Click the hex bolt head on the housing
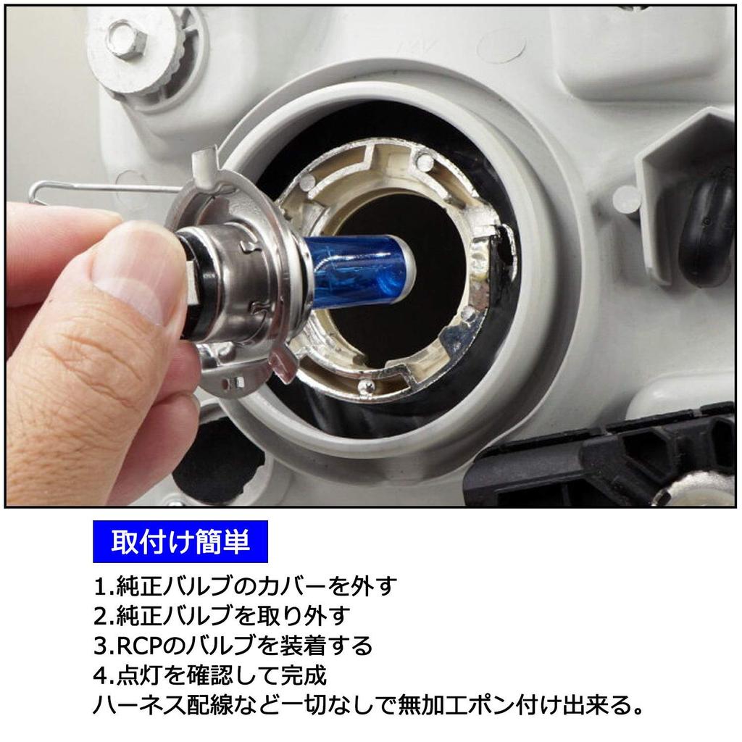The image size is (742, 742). [x=125, y=40]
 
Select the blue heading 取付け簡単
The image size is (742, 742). [x=180, y=541]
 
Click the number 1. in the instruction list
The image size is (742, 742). [x=104, y=587]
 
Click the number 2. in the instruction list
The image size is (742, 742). [x=104, y=616]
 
